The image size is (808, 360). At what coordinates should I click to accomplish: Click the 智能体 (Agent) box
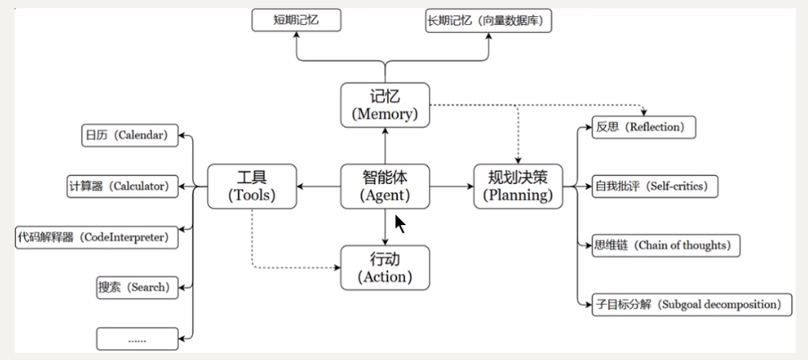[384, 187]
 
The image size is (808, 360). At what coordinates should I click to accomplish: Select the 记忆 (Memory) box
[384, 105]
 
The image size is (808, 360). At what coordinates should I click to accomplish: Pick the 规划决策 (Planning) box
[518, 187]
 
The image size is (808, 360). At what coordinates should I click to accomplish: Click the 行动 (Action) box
[384, 267]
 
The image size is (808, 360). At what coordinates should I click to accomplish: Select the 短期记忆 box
[295, 19]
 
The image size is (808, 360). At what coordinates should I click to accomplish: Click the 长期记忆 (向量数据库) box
[489, 19]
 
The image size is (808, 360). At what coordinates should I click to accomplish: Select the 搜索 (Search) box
[133, 288]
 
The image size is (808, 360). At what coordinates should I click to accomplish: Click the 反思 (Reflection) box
[644, 128]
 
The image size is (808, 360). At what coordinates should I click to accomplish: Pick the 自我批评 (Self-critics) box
[656, 187]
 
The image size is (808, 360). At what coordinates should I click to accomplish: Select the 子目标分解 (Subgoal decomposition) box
[693, 304]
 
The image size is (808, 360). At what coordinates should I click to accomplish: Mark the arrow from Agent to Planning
[451, 187]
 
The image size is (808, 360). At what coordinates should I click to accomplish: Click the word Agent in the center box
[384, 196]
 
